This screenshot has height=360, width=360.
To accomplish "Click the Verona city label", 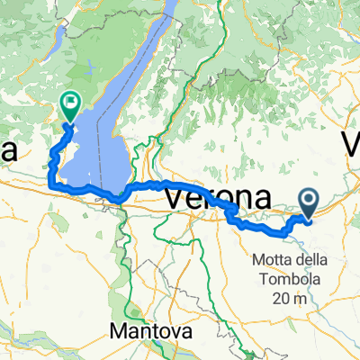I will click(x=218, y=196).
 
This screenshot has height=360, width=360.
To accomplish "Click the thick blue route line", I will click(x=144, y=187).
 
